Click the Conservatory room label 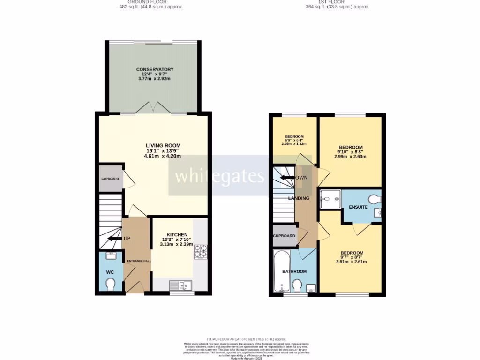pos(155,69)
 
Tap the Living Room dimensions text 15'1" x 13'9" pos(162,151)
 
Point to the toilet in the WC pos(111,285)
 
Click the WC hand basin pos(111,256)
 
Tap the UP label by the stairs pos(127,239)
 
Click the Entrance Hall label pos(136,261)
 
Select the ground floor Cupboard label pos(110,179)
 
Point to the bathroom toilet pos(297,285)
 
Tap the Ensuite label pos(358,207)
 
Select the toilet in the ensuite pos(375,199)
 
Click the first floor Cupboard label pos(284,236)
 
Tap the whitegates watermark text pos(220,176)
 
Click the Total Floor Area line pos(246,339)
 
